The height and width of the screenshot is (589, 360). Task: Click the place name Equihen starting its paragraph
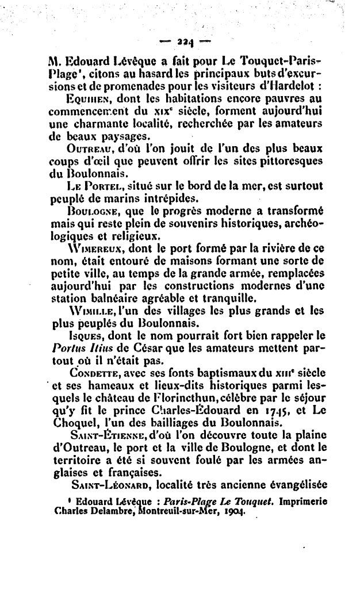point(87,98)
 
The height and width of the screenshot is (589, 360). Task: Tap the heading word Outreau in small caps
point(87,148)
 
